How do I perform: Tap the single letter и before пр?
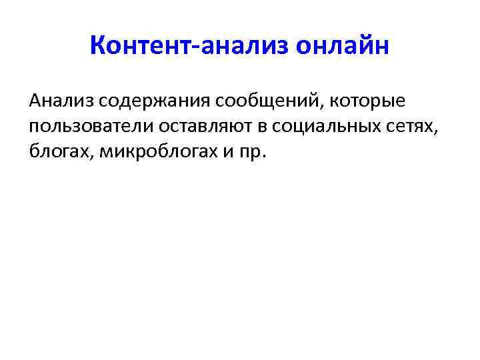[x=227, y=152]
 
